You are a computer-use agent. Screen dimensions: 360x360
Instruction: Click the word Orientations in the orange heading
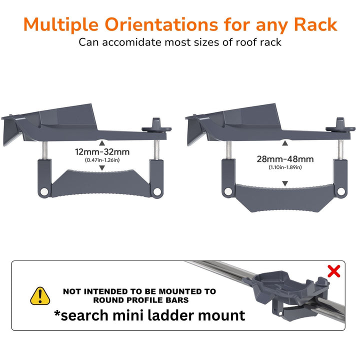coord(161,24)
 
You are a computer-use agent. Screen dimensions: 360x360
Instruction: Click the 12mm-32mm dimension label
coord(102,152)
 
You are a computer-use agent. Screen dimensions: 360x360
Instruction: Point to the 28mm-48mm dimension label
coord(285,159)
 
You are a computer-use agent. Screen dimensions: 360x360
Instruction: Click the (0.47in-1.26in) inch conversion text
coord(102,160)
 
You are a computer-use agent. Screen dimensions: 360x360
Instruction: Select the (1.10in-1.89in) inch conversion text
coord(285,167)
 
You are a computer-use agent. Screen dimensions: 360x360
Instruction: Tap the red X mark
coord(334,271)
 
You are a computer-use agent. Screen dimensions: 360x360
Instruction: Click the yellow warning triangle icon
coord(40,296)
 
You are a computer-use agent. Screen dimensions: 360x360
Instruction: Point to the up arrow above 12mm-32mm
coord(102,143)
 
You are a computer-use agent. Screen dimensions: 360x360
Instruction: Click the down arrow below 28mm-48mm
coord(285,183)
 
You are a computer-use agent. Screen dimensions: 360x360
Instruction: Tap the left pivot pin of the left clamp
coord(43,191)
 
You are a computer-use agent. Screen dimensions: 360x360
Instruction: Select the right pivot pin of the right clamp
coord(341,191)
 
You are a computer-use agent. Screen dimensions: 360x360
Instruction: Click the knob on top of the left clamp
coord(156,125)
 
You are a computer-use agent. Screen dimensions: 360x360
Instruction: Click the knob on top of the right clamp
coord(340,125)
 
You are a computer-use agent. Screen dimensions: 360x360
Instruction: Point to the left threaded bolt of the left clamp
coord(45,150)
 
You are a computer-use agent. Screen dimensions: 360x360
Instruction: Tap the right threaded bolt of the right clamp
coord(340,149)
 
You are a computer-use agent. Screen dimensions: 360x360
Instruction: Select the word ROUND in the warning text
coord(108,300)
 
